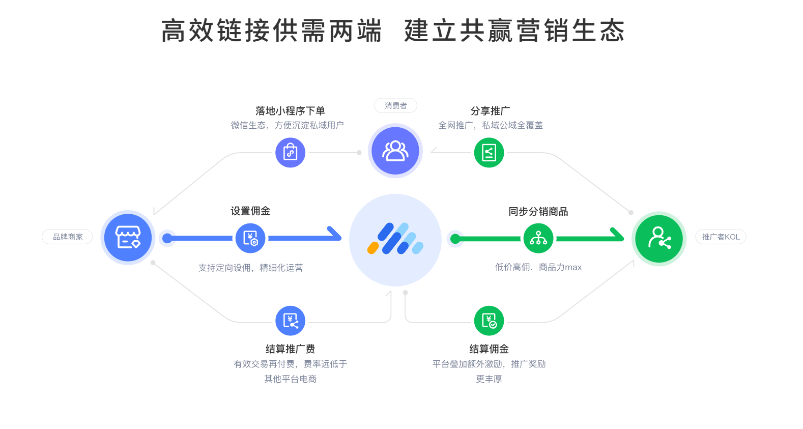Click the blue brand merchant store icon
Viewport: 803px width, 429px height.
point(128,237)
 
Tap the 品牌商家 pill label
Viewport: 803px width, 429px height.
point(67,237)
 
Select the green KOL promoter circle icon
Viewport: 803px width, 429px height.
point(659,238)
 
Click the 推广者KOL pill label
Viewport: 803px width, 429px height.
point(721,237)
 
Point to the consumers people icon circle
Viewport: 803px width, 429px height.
point(395,151)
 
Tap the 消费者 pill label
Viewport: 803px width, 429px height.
point(395,105)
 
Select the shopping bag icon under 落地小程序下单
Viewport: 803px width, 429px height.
point(290,152)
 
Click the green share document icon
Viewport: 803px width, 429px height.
point(489,152)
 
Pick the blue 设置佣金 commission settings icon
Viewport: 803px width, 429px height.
point(250,238)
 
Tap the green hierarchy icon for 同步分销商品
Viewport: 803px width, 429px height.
point(538,238)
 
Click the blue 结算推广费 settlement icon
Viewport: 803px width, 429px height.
point(290,321)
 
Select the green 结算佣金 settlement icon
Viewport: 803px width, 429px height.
point(489,321)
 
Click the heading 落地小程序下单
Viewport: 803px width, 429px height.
point(290,111)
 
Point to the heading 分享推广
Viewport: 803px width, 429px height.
point(490,111)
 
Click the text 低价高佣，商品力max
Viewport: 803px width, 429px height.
point(538,267)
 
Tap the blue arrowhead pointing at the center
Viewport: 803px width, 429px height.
point(335,234)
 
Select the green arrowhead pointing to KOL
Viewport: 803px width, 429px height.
point(618,235)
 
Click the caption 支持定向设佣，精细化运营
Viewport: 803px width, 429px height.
point(250,268)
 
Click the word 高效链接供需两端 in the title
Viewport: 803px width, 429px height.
point(271,31)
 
